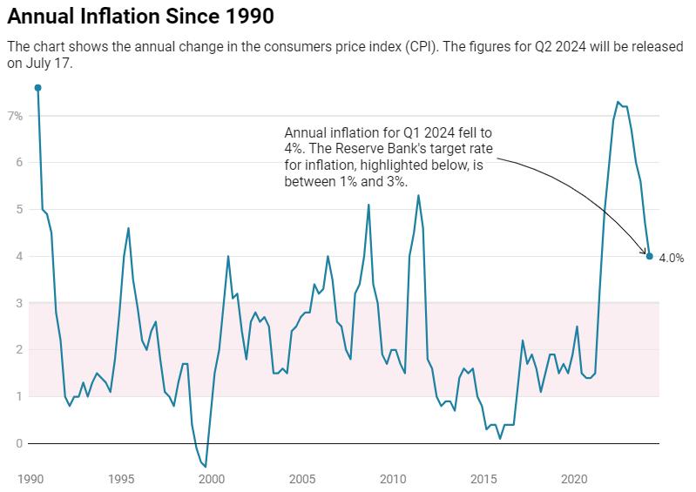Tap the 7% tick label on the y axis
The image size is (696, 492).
pyautogui.click(x=16, y=116)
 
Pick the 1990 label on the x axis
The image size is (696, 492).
pyautogui.click(x=30, y=480)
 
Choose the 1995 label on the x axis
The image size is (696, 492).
pyautogui.click(x=121, y=480)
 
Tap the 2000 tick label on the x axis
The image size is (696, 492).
pyautogui.click(x=212, y=480)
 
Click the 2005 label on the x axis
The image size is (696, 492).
pyautogui.click(x=302, y=480)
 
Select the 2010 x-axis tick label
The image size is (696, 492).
pyautogui.click(x=393, y=480)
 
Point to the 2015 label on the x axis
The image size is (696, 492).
pyautogui.click(x=483, y=480)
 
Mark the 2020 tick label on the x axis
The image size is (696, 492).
pyautogui.click(x=574, y=480)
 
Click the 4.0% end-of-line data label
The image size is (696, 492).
pyautogui.click(x=671, y=258)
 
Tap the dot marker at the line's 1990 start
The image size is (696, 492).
pyautogui.click(x=37, y=88)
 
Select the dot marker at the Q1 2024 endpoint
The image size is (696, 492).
pyautogui.click(x=649, y=256)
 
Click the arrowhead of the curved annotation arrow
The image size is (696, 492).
pyautogui.click(x=645, y=251)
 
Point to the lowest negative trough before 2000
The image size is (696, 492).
pyautogui.click(x=206, y=467)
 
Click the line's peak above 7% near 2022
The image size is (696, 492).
pyautogui.click(x=618, y=102)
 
